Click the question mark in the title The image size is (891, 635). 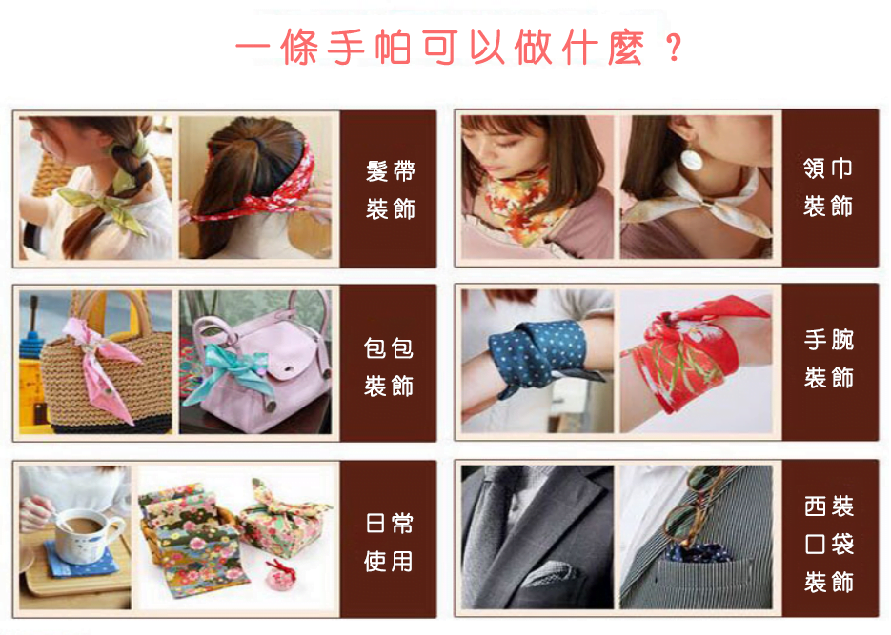[674, 47]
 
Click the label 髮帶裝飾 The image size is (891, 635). [390, 190]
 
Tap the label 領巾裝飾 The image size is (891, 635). [828, 188]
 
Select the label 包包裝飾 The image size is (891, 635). [389, 367]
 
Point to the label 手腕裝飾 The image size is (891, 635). [828, 359]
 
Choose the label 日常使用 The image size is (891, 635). [389, 543]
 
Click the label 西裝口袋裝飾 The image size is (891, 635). [828, 545]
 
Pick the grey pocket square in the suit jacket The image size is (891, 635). [549, 573]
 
